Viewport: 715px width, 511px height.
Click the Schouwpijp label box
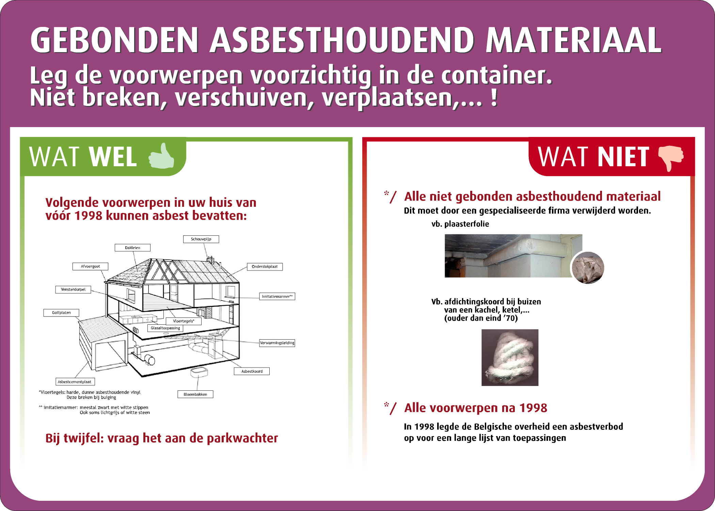201,239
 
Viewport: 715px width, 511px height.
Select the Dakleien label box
132,248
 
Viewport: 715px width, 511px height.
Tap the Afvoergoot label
90,266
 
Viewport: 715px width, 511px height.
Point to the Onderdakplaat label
265,267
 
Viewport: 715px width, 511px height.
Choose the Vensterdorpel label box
73,290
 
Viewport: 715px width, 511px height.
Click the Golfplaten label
61,313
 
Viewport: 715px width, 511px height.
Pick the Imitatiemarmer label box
277,296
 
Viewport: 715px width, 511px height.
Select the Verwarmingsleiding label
277,343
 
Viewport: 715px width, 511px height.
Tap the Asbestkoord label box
252,371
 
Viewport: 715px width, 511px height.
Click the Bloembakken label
195,394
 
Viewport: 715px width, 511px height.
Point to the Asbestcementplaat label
75,382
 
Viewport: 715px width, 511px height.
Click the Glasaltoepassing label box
165,328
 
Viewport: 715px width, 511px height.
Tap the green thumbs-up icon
161,156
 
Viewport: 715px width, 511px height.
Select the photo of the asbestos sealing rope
510,357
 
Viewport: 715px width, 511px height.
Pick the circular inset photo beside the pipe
588,268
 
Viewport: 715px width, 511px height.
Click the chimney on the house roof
211,260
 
